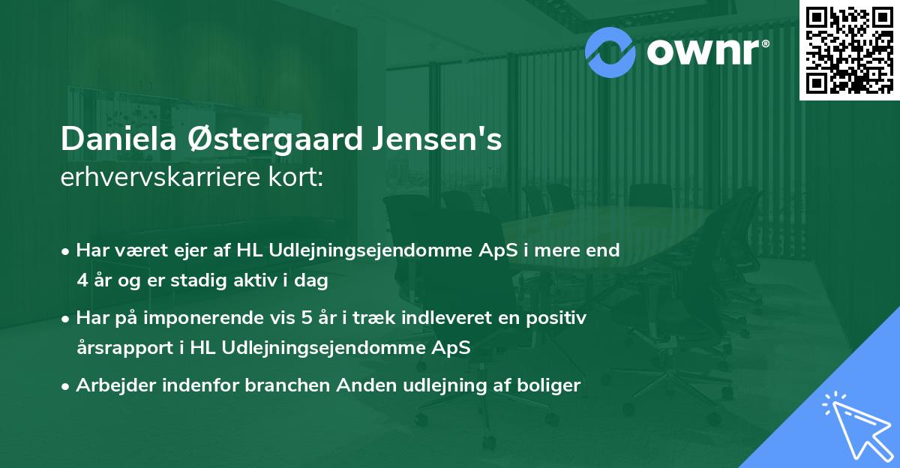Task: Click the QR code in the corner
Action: (x=848, y=49)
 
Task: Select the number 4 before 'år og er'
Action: (x=82, y=281)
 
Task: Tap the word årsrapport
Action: (x=122, y=347)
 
